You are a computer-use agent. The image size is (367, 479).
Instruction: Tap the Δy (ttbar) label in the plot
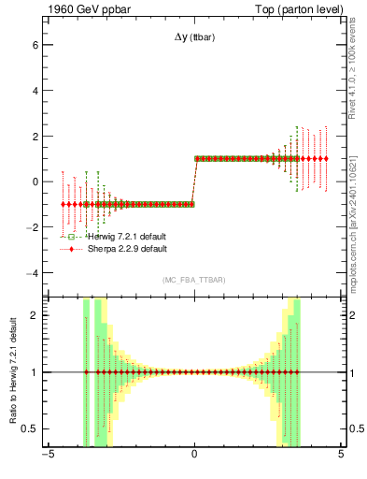[192, 38]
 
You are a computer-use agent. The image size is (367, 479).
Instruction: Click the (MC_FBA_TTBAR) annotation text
[193, 281]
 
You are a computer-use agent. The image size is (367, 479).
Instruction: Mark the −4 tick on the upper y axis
[32, 272]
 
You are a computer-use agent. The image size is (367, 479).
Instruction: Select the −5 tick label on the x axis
[47, 456]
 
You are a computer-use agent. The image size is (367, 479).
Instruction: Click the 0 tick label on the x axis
[194, 456]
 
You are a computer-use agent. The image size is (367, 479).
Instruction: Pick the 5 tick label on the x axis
[341, 456]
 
